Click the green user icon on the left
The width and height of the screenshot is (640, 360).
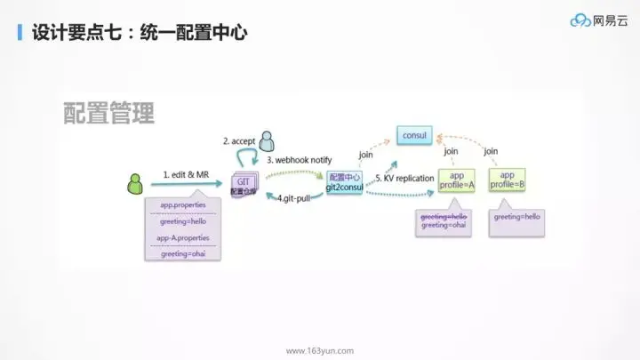tap(136, 183)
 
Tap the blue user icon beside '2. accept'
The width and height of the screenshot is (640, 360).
tap(268, 140)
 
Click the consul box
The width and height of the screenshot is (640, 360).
tap(414, 136)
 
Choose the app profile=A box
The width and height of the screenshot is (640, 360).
tap(457, 180)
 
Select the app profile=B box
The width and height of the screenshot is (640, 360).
tap(507, 180)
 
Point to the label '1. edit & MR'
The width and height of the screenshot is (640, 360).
tap(185, 175)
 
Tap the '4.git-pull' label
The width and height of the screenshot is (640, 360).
tap(293, 197)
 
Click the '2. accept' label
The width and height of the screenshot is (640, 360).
tap(238, 140)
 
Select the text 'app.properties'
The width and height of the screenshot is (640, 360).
tap(182, 205)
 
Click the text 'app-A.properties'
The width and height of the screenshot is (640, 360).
tap(182, 238)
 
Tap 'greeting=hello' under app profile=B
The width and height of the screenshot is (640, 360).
tap(517, 216)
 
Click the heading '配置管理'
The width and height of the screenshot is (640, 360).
tap(109, 113)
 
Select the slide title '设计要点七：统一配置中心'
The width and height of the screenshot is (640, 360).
tap(139, 34)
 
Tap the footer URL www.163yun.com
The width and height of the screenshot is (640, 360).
tap(319, 350)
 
